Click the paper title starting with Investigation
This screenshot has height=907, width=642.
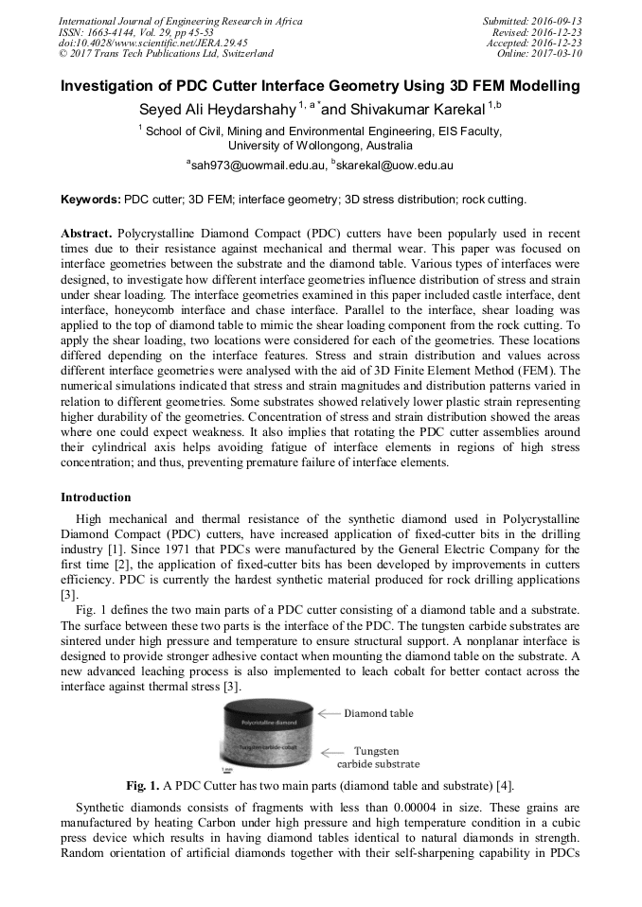pos(320,87)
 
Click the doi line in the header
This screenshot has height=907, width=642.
pos(153,43)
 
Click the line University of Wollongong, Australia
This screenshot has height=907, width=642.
pos(320,147)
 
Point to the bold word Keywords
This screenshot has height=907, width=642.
pos(91,201)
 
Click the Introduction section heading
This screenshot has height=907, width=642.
pos(96,497)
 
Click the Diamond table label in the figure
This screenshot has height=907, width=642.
pos(378,713)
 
